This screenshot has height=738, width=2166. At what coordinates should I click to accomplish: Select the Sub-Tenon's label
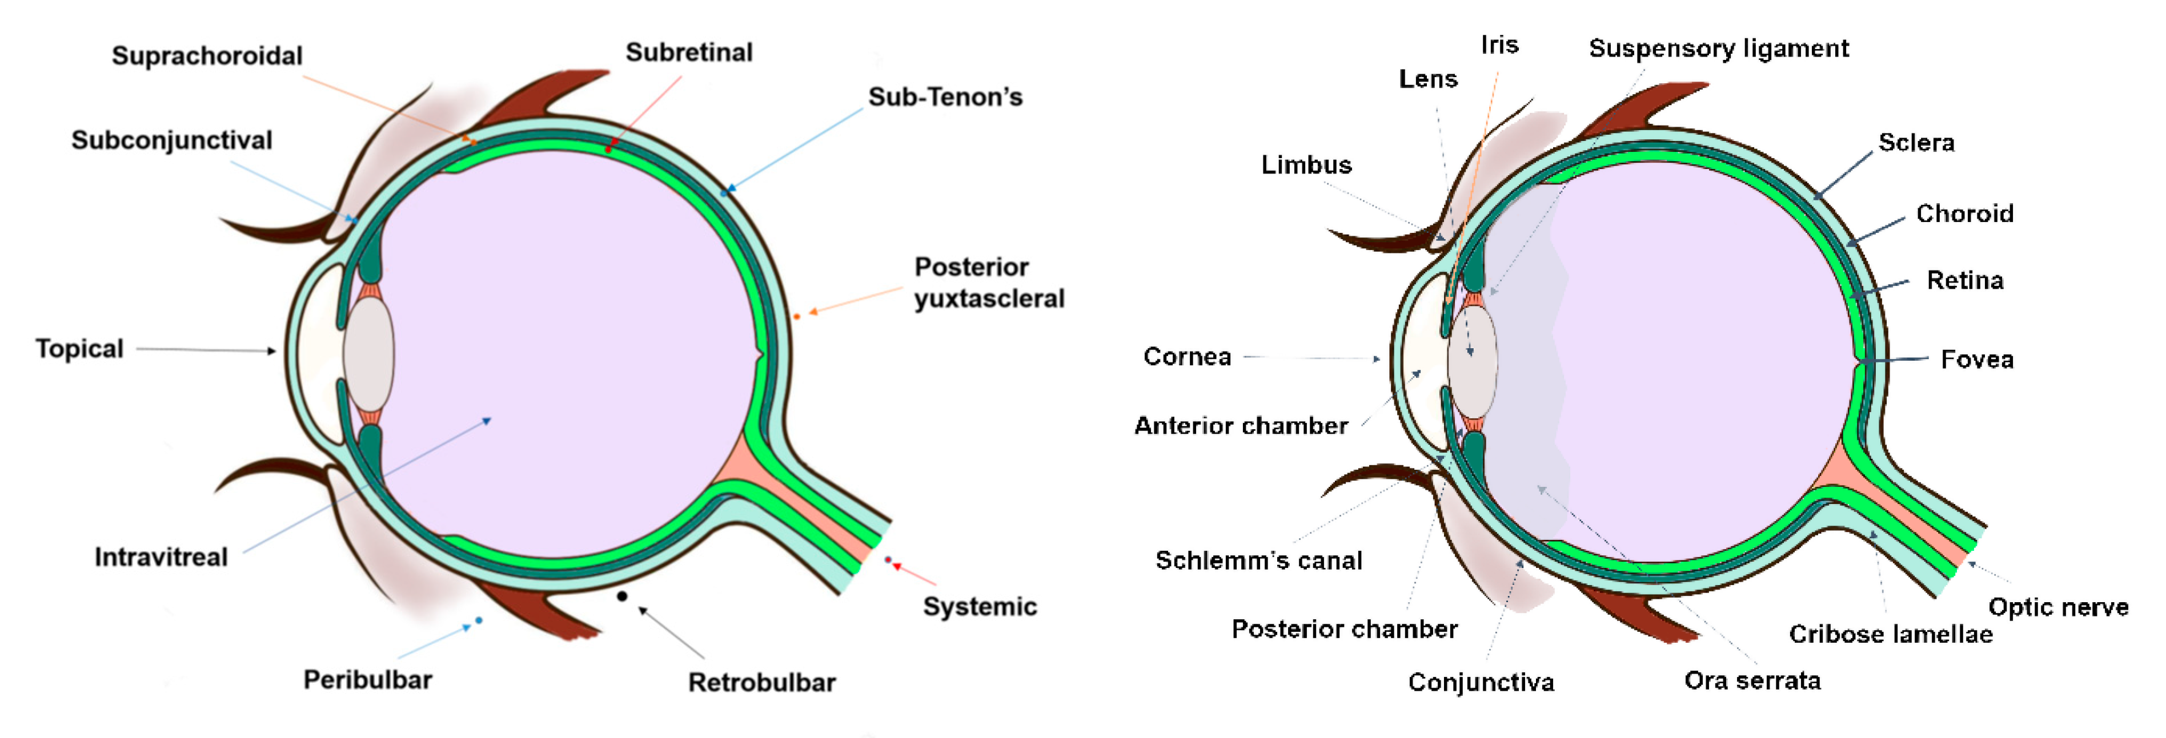pos(945,98)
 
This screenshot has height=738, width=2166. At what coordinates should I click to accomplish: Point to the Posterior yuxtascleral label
pos(989,283)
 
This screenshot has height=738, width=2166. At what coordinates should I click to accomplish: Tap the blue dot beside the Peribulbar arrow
pos(479,621)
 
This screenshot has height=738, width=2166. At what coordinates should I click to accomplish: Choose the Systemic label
pos(980,607)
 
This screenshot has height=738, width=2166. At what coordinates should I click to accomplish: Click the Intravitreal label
pos(161,557)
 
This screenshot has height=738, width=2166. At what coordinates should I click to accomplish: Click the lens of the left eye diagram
pos(368,354)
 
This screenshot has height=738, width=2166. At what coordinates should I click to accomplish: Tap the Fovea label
pos(1977,360)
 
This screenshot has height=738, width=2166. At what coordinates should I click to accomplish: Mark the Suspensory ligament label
pos(1719,49)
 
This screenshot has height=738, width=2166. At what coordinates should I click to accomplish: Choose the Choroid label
pos(1964,213)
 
